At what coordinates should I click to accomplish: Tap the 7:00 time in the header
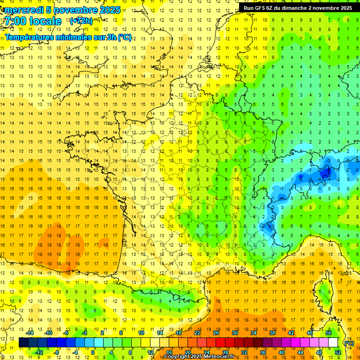[15, 21]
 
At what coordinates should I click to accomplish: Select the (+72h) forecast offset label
[81, 21]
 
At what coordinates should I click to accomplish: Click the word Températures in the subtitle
[29, 37]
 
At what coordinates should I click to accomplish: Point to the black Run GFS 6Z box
[298, 7]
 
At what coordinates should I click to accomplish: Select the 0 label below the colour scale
[93, 352]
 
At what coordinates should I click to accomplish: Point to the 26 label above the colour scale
[216, 333]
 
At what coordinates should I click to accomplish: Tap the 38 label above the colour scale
[272, 333]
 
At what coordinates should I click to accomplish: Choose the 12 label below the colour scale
[150, 352]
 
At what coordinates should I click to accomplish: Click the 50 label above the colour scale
[329, 333]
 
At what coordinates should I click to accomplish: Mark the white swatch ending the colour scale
[333, 343]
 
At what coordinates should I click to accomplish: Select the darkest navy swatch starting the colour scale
[23, 343]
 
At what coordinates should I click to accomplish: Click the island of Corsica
[324, 291]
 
